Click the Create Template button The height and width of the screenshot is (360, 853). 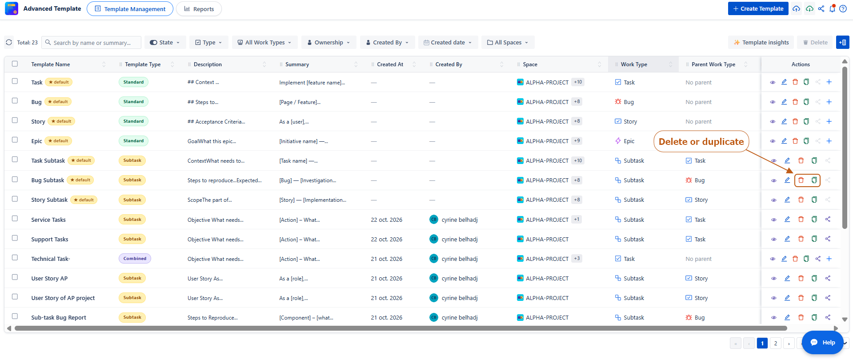pyautogui.click(x=758, y=8)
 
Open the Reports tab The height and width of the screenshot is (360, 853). pyautogui.click(x=199, y=9)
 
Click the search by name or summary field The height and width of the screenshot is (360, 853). pyautogui.click(x=92, y=43)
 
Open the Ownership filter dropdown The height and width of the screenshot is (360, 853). pyautogui.click(x=328, y=43)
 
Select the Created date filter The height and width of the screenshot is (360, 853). pyautogui.click(x=448, y=43)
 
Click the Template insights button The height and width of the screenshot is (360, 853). pyautogui.click(x=761, y=43)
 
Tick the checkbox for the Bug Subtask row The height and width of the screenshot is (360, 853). pyautogui.click(x=15, y=180)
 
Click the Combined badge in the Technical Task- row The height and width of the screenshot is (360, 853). pyautogui.click(x=135, y=259)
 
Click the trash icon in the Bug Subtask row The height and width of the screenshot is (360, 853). pyautogui.click(x=801, y=180)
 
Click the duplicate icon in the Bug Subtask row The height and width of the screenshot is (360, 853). pyautogui.click(x=814, y=180)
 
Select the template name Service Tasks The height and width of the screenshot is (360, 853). pyautogui.click(x=48, y=220)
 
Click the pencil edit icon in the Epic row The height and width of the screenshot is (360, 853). pyautogui.click(x=784, y=141)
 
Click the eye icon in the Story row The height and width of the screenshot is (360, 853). pyautogui.click(x=773, y=121)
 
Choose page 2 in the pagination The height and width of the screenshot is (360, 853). pyautogui.click(x=776, y=343)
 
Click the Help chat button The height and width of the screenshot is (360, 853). pyautogui.click(x=823, y=342)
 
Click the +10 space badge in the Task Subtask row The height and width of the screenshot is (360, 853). pyautogui.click(x=578, y=160)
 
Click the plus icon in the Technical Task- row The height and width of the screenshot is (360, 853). pyautogui.click(x=829, y=259)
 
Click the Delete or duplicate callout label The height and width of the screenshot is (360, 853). pyautogui.click(x=701, y=141)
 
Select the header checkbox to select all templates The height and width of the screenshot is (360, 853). pyautogui.click(x=15, y=64)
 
